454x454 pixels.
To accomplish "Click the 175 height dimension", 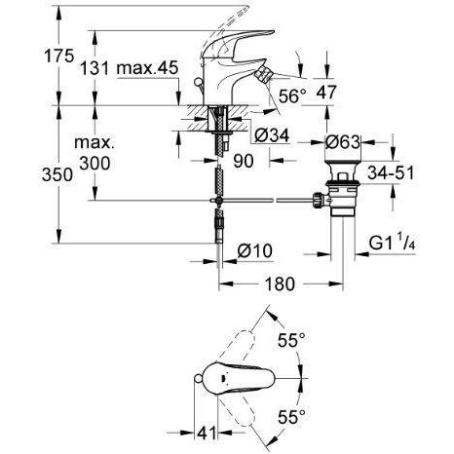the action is [59, 56].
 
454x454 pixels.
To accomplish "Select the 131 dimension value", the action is [95, 68].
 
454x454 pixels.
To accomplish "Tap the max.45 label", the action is [147, 68].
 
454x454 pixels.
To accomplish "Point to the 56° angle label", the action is [292, 96].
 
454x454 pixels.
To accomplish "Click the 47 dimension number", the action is [326, 92].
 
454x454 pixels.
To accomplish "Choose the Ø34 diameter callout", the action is [272, 135].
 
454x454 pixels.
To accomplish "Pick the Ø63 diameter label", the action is [343, 142].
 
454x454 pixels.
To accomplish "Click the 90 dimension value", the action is [244, 161].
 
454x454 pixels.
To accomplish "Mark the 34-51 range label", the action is [391, 172].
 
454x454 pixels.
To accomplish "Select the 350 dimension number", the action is [57, 174].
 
